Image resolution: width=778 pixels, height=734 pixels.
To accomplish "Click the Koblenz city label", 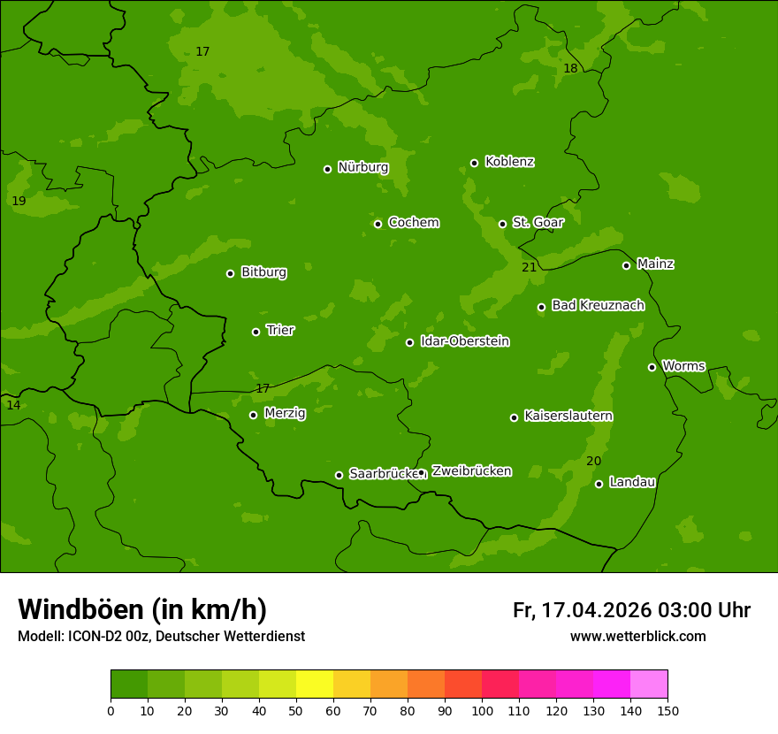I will (509, 162).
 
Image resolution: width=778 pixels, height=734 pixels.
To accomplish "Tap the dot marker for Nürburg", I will (327, 169).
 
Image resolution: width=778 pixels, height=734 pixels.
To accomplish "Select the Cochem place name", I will (413, 222).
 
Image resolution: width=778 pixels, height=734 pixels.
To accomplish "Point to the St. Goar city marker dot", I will (502, 224).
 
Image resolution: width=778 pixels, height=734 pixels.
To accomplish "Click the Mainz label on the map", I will (655, 264).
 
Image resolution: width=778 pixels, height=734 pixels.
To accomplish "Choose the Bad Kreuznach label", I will (598, 305).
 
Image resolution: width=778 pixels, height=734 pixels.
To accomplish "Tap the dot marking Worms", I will (652, 367).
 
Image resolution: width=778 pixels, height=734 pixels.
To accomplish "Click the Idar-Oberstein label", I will (464, 340).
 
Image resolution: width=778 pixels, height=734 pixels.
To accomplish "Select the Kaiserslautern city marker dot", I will (514, 417).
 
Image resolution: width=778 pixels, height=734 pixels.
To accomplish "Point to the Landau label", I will (632, 482).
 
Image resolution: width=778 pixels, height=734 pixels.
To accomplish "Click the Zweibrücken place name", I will (471, 470).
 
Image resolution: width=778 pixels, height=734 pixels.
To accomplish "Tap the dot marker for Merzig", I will (253, 415).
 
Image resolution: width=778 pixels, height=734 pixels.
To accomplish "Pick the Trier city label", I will (280, 330).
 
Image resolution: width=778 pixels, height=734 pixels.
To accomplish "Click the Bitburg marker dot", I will (230, 273).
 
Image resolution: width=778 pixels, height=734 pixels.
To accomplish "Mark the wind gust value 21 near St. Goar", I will (529, 267).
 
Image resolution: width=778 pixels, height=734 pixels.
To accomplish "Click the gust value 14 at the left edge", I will (13, 405).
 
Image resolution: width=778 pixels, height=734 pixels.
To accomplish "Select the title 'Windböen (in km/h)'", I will (142, 609).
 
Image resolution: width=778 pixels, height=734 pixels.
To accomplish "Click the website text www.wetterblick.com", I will (637, 636).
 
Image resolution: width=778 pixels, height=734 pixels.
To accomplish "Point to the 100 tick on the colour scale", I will (482, 710).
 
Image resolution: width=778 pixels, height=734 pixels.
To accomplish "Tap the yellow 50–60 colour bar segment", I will (315, 684).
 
